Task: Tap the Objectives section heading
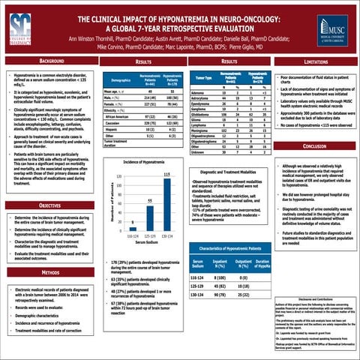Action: pyautogui.click(x=51, y=205)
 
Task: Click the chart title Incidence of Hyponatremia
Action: pyautogui.click(x=152, y=141)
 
